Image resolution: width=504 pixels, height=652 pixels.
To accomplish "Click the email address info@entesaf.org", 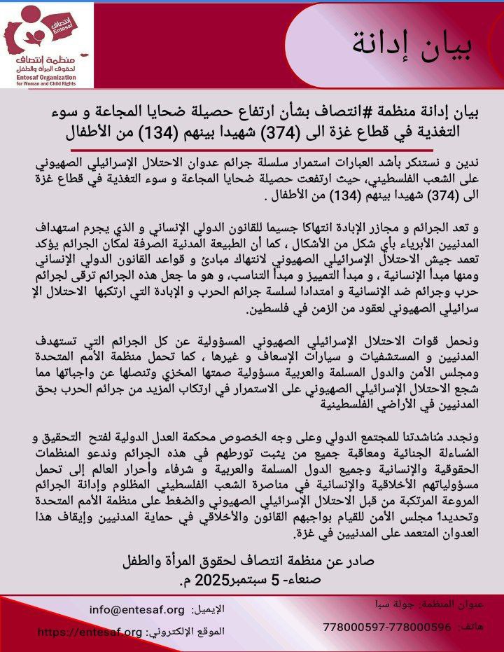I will pyautogui.click(x=137, y=609).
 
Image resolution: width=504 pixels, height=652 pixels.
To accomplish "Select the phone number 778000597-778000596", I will pyautogui.click(x=387, y=627).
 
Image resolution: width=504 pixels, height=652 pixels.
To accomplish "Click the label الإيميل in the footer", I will pyautogui.click(x=209, y=610).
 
